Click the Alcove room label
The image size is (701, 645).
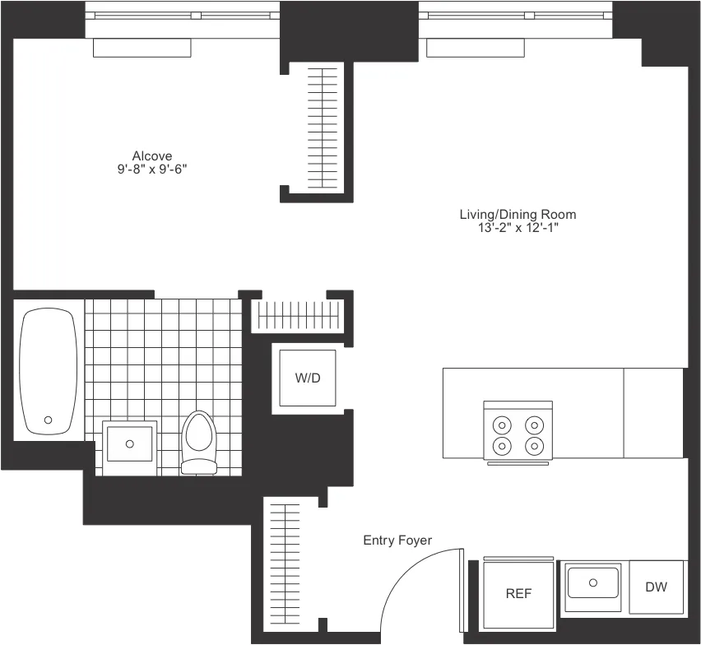pos(152,155)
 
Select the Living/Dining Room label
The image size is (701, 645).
pos(518,215)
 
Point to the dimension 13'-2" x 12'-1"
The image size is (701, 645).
pos(518,229)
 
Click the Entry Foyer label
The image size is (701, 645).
pos(397,541)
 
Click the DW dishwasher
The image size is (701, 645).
pos(656,587)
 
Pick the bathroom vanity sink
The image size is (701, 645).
pos(130,443)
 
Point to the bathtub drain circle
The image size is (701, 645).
pos(48,420)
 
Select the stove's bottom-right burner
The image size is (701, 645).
pos(535,447)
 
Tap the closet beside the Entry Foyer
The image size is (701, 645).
pos(283,567)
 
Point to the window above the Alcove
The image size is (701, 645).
pos(183,15)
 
